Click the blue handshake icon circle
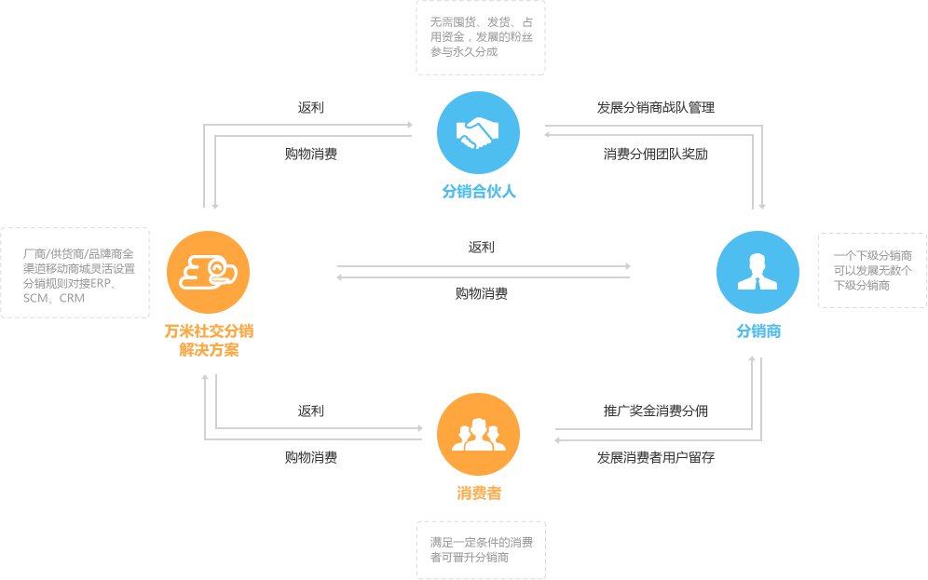[478, 133]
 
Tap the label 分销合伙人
[479, 192]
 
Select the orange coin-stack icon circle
[208, 272]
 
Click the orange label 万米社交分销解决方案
[209, 340]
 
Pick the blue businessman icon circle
[757, 272]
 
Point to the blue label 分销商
[758, 330]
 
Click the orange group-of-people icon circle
[478, 435]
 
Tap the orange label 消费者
[479, 493]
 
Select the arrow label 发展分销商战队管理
[655, 108]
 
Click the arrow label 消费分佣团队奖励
[655, 154]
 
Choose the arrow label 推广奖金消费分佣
[655, 411]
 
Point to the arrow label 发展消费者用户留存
[655, 457]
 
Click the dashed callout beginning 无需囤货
[480, 37]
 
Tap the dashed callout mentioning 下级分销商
[872, 270]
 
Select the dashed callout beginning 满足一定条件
[480, 549]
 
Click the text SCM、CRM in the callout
[54, 299]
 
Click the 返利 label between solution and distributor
[481, 248]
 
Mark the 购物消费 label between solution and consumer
[310, 457]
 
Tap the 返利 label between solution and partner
[310, 108]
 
